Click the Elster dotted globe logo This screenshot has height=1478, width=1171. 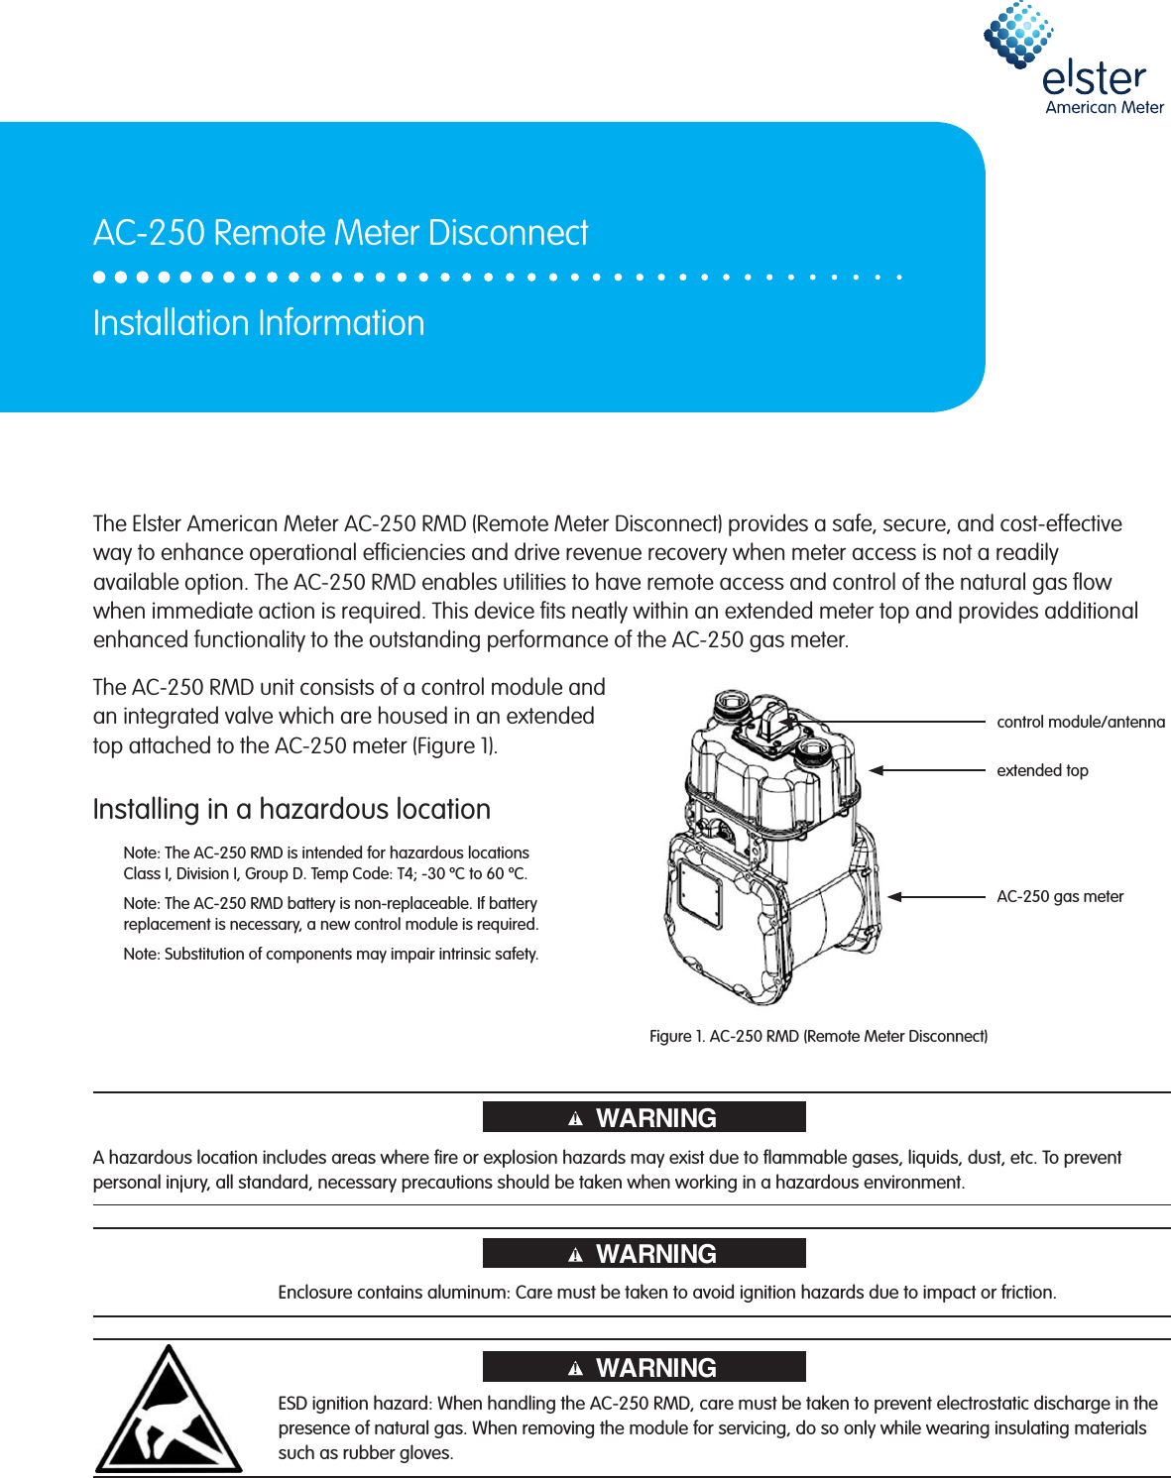click(1017, 36)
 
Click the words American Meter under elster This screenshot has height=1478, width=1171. click(1104, 107)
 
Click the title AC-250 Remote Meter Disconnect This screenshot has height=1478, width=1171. click(340, 233)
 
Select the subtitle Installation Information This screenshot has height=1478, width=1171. click(259, 323)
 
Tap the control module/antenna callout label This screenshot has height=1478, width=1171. click(1080, 722)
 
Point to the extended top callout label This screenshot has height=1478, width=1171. click(1042, 770)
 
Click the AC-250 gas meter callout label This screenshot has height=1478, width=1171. click(1060, 896)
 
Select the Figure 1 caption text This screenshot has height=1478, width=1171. click(818, 1036)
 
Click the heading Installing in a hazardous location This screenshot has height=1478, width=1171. click(292, 809)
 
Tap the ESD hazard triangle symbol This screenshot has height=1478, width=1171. click(169, 1411)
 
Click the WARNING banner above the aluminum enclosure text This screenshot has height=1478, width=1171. click(644, 1253)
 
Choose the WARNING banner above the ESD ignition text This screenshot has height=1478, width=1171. click(644, 1367)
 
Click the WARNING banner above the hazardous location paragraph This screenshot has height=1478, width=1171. click(644, 1117)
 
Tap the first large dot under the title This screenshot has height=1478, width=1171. click(99, 278)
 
